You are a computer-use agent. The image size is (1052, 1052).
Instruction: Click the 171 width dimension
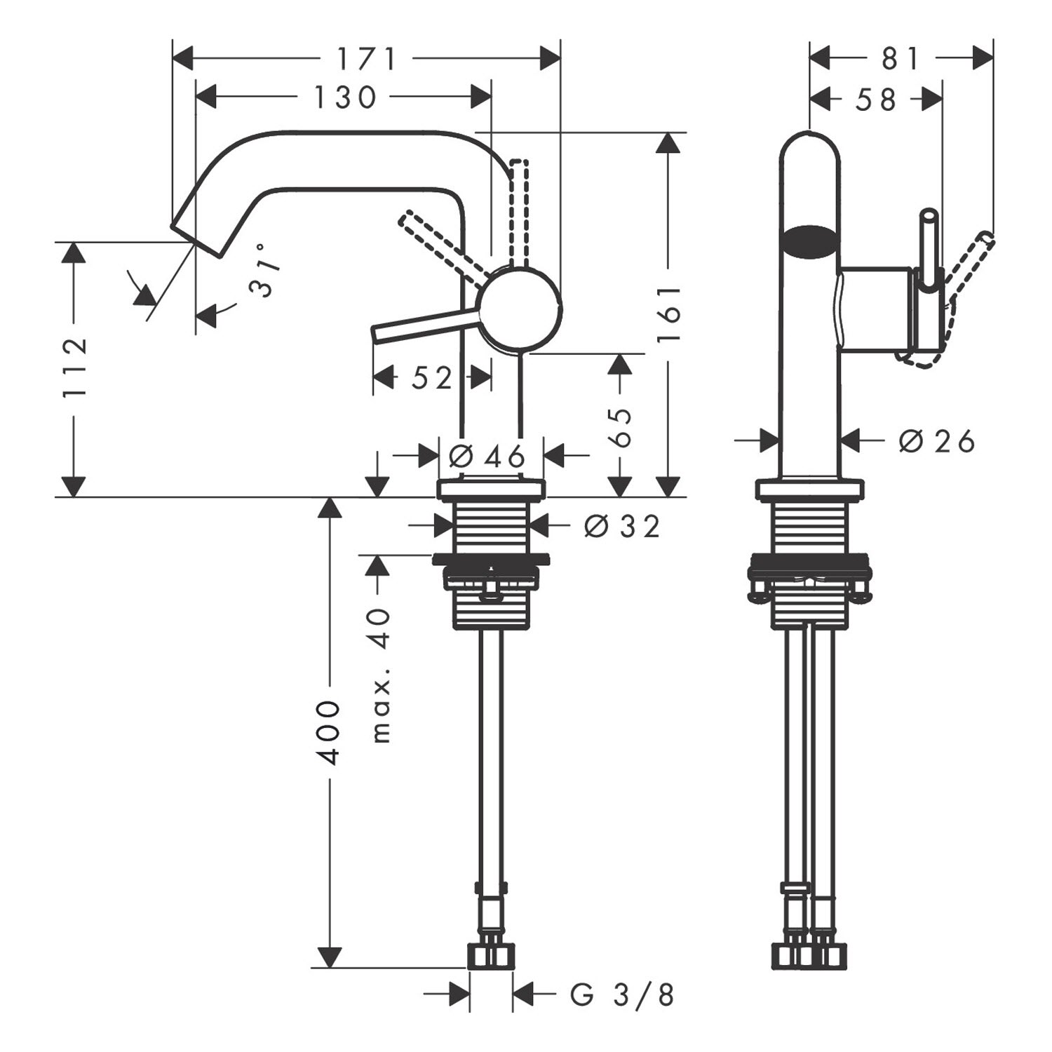[367, 60]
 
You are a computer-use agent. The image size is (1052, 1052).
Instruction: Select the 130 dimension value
[345, 97]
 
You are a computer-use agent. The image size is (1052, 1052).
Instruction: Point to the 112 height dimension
[74, 367]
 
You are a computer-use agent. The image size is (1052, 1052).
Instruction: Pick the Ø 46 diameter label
[487, 457]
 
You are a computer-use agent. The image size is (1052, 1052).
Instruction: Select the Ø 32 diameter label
[622, 526]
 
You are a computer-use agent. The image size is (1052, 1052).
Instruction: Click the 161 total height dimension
[670, 313]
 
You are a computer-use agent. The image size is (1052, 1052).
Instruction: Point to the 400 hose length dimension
[329, 732]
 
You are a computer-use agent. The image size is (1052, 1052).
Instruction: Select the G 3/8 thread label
[622, 994]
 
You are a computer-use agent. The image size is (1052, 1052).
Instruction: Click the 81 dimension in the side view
[901, 59]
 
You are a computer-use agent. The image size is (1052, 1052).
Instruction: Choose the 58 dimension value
[876, 100]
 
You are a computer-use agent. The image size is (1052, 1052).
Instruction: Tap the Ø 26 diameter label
[937, 441]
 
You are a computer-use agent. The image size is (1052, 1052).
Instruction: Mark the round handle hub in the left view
[519, 309]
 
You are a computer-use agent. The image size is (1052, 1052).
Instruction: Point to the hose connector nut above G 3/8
[490, 956]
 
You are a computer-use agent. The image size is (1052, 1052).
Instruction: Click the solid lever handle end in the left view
[377, 335]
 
